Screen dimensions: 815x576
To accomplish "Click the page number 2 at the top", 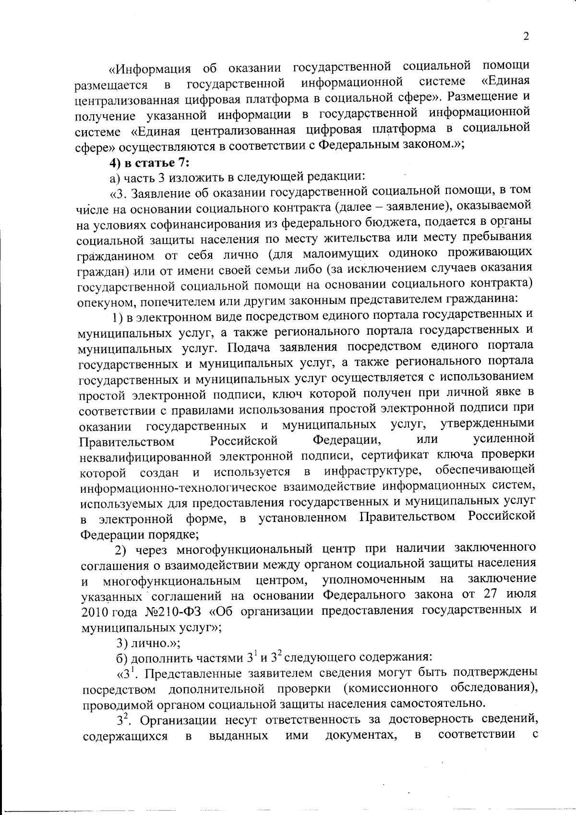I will pyautogui.click(x=526, y=36).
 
